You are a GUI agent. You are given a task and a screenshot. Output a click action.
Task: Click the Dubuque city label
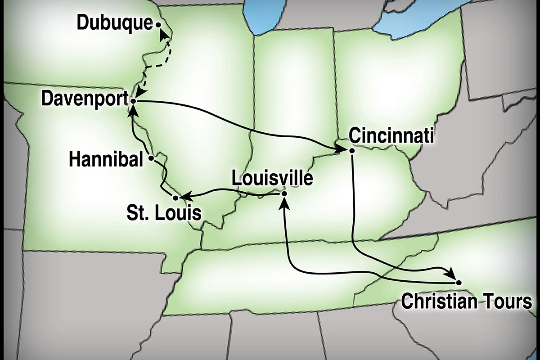coord(115,23)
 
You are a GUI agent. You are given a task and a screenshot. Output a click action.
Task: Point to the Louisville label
coord(271,178)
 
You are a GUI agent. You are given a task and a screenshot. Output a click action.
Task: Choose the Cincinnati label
coord(391,136)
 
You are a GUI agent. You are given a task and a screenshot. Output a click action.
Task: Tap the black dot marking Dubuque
coord(158,26)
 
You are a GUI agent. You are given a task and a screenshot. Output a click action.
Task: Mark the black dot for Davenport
coord(133,102)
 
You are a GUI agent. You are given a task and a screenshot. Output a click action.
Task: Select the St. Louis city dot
coord(175,197)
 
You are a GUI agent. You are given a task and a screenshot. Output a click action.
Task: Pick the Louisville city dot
coord(283,193)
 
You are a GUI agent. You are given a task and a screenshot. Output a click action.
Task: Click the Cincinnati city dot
coord(352,151)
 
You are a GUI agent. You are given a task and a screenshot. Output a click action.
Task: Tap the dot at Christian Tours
coord(459,282)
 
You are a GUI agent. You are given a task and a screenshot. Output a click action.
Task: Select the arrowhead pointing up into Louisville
coord(283,203)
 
